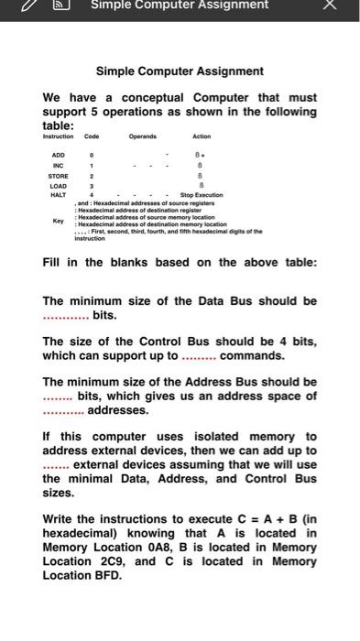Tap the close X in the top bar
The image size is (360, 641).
point(329,5)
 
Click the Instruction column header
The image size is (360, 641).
point(59,136)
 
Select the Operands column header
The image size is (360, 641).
point(142,136)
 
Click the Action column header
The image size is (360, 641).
point(202,136)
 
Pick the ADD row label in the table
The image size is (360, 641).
point(59,156)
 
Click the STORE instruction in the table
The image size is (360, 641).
point(59,175)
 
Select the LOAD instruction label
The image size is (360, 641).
point(59,185)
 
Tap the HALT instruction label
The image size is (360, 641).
point(59,195)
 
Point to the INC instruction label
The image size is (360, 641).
point(59,166)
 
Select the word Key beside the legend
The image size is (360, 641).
point(59,221)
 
